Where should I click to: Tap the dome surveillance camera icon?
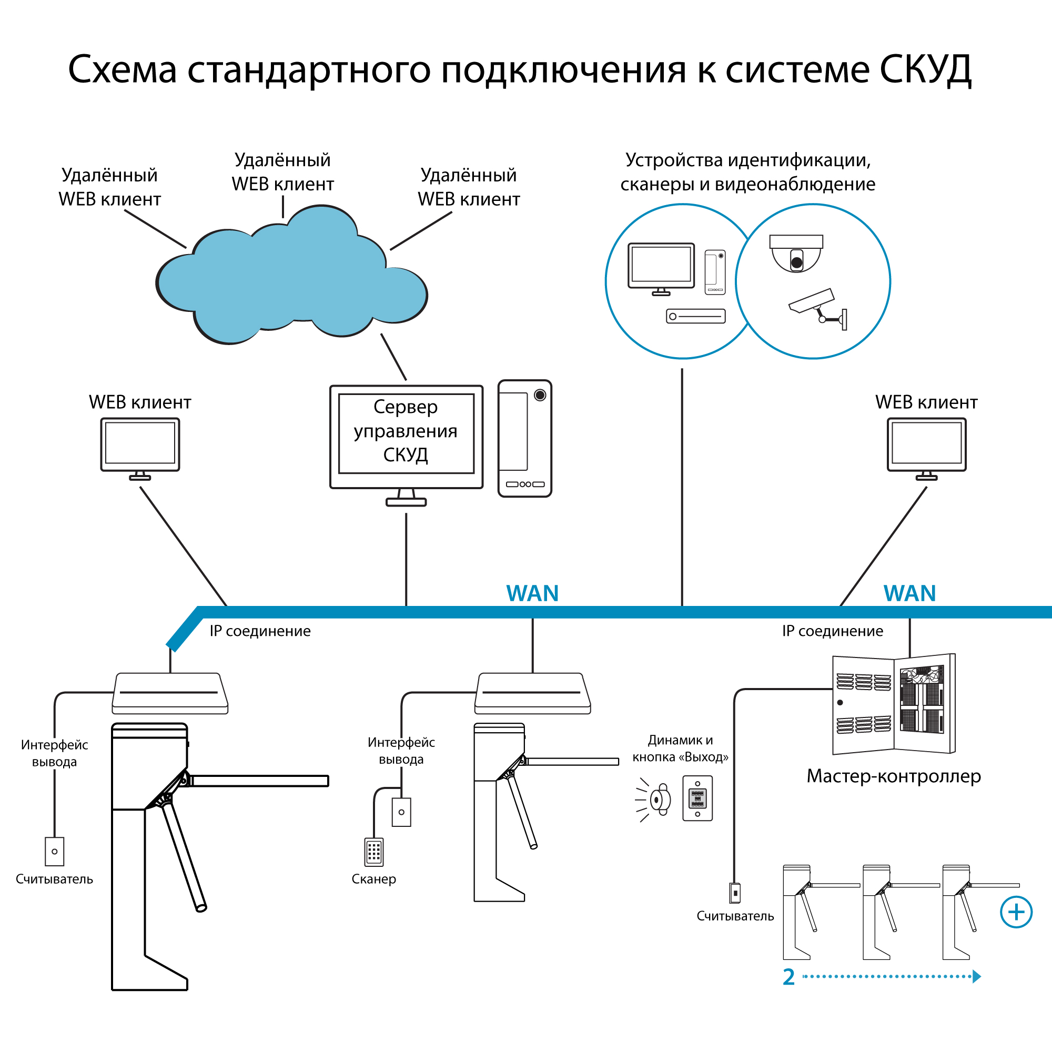[795, 253]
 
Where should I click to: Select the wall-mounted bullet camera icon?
[817, 308]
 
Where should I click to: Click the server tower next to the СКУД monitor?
[524, 438]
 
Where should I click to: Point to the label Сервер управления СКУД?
[406, 431]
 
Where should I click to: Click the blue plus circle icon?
[1016, 912]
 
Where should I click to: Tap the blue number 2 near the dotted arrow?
[788, 977]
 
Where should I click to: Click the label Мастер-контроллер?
[894, 776]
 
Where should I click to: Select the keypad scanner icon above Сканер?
[373, 852]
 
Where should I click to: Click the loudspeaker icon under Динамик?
[659, 800]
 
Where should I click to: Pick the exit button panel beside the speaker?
[697, 798]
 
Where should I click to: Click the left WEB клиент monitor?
[140, 445]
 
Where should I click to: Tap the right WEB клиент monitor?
[926, 445]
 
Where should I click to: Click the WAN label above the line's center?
[532, 593]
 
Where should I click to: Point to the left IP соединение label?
[260, 631]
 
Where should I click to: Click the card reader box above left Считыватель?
[55, 851]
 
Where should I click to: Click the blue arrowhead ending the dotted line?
[977, 976]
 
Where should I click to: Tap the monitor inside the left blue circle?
[661, 267]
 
